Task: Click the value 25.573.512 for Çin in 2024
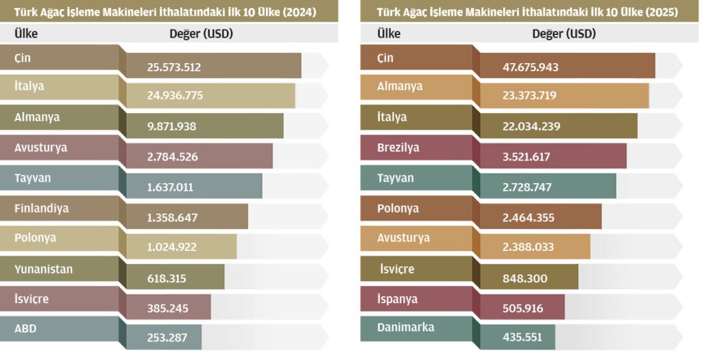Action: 173,67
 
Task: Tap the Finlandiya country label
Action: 42,208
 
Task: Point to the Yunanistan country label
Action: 44,269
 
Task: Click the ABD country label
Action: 25,328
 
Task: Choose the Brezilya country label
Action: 398,147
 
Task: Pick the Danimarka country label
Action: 406,327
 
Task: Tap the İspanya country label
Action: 397,299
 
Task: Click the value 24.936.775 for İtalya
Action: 175,96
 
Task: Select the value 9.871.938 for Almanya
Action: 171,126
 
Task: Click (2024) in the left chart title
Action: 299,12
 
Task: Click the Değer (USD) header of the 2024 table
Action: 201,33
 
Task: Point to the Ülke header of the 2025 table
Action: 389,33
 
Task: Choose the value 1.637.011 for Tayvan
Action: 170,187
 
